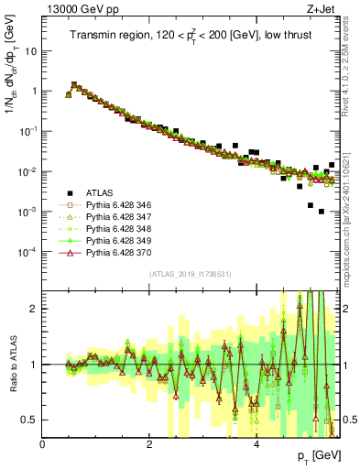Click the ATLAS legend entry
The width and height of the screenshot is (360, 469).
tap(100, 193)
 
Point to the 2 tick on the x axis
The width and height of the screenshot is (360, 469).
tap(149, 444)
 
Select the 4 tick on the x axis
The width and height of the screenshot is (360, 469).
tap(256, 444)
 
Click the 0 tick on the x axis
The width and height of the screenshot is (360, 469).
tap(43, 444)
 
